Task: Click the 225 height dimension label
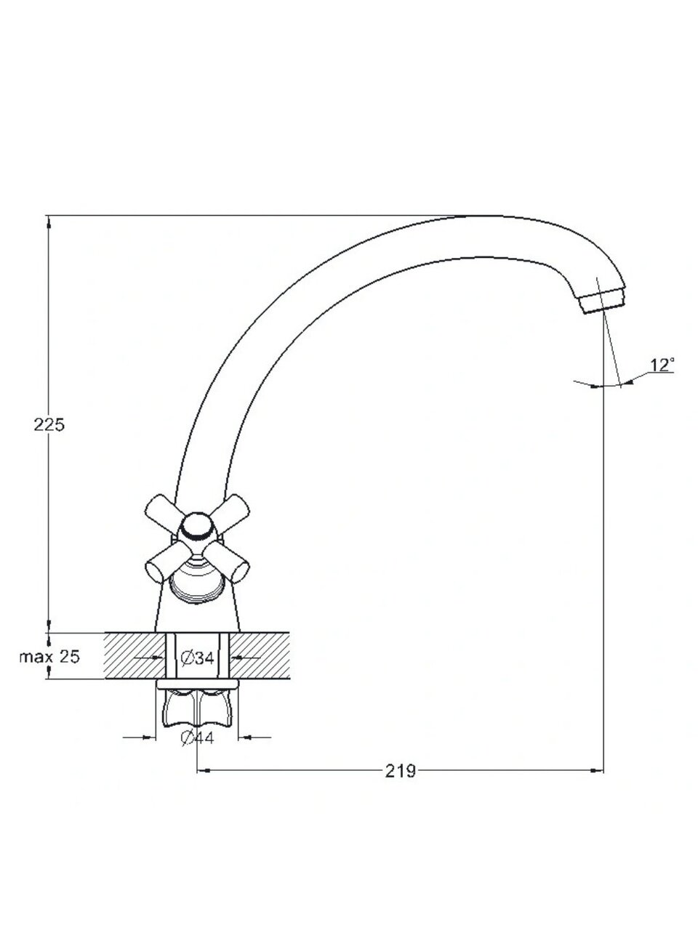[49, 424]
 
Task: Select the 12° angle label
[662, 365]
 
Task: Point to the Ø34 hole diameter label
[198, 658]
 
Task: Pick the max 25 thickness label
[49, 657]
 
